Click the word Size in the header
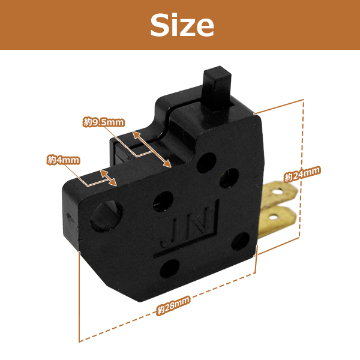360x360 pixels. [x=182, y=25]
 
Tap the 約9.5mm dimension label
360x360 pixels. [x=104, y=122]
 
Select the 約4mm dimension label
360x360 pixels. [x=64, y=160]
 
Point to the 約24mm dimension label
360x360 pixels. [x=302, y=174]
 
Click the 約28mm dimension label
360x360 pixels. [x=173, y=305]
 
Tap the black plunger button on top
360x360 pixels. [x=217, y=88]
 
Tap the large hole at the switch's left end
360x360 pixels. [x=106, y=215]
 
